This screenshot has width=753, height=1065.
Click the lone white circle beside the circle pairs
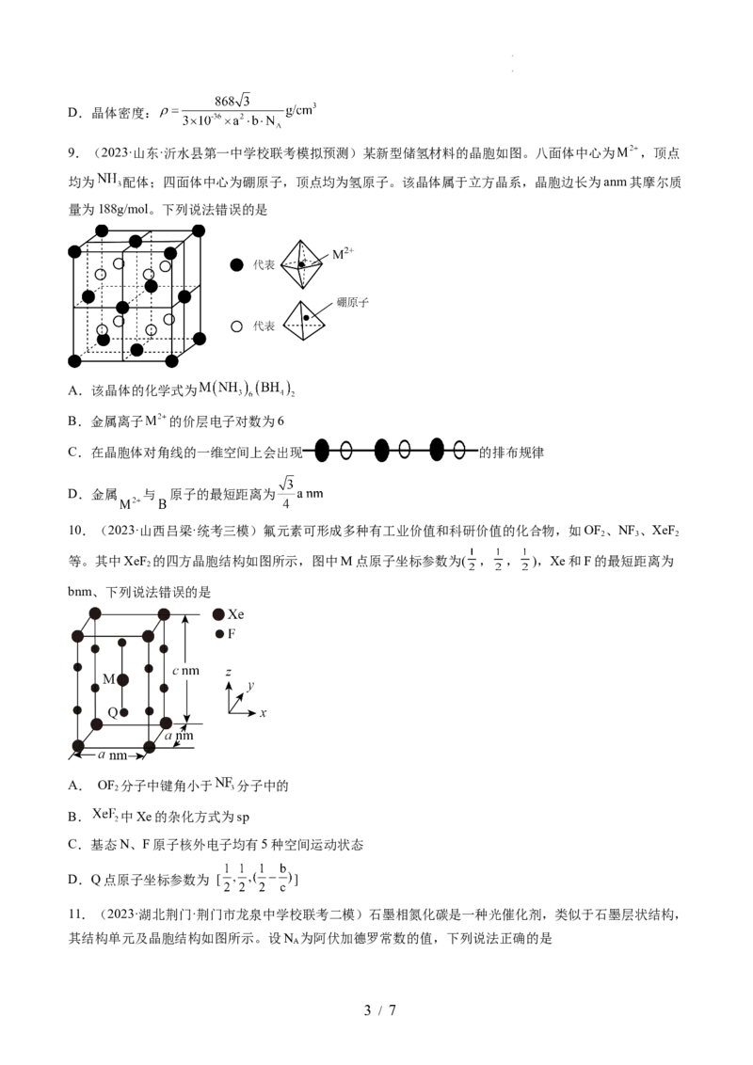(237, 326)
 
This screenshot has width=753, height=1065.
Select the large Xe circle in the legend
(218, 614)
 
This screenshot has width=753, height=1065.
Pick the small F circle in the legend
(217, 633)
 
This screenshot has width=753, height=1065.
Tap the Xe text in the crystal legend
(239, 615)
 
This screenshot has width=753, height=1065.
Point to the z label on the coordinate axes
(229, 673)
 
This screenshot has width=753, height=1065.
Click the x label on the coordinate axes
(263, 714)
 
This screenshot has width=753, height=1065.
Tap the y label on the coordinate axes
(250, 684)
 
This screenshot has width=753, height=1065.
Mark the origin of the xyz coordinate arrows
(228, 713)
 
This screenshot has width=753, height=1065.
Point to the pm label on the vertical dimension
(188, 671)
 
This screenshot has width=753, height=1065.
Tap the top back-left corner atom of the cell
(95, 613)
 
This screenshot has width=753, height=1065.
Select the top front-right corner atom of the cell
(149, 636)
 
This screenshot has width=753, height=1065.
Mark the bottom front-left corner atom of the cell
(76, 745)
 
